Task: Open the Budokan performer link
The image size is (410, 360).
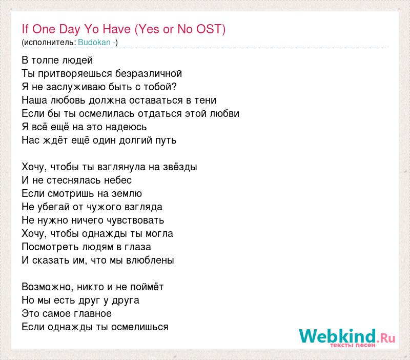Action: pyautogui.click(x=94, y=42)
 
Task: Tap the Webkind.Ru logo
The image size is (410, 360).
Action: pyautogui.click(x=347, y=337)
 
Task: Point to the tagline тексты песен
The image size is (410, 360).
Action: pyautogui.click(x=353, y=345)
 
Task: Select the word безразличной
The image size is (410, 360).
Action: pyautogui.click(x=149, y=74)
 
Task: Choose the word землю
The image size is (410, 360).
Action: pyautogui.click(x=127, y=194)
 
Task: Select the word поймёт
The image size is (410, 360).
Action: pyautogui.click(x=147, y=287)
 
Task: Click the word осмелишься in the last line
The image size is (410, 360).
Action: pyautogui.click(x=139, y=327)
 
